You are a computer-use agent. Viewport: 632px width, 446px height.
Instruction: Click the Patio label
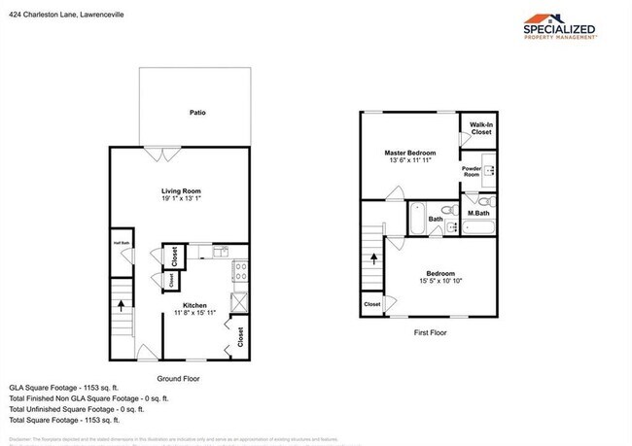pos(197,114)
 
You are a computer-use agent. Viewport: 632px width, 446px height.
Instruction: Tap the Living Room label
pos(180,190)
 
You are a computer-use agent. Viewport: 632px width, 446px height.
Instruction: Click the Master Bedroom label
pos(409,154)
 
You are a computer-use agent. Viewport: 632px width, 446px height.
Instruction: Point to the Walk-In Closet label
pos(481,128)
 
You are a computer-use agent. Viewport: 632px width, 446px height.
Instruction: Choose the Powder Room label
pos(472,171)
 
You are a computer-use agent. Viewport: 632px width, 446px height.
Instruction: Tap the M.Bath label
pos(477,213)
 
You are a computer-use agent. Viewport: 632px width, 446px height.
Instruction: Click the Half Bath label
pos(122,243)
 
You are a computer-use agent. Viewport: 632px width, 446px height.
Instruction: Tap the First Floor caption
pos(428,331)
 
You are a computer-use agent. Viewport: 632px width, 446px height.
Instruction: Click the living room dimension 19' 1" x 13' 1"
pos(180,199)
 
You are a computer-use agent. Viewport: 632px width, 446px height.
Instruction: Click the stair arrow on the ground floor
pos(122,304)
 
